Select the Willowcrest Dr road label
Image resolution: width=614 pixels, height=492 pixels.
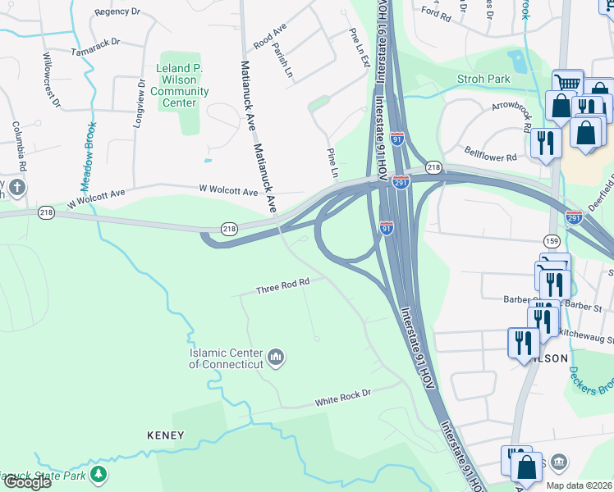click(x=51, y=81)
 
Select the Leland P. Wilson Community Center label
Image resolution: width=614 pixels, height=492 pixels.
click(x=179, y=85)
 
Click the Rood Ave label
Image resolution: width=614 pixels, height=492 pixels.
click(x=269, y=36)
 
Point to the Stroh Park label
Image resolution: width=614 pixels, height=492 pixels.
click(x=484, y=80)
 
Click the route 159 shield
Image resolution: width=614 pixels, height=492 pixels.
click(x=552, y=239)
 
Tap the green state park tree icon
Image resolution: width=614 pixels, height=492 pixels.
click(x=99, y=474)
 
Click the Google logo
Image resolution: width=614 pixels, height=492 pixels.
click(x=27, y=481)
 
